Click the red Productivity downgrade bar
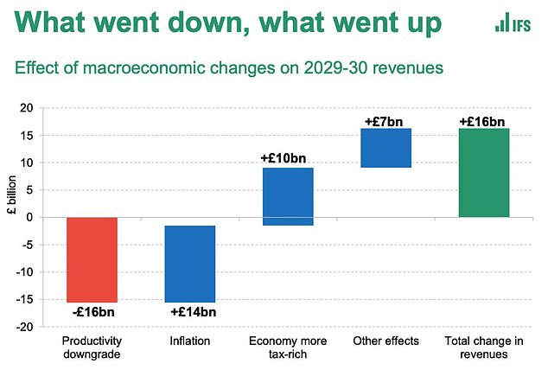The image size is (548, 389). tap(92, 259)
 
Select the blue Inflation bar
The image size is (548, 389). tap(189, 263)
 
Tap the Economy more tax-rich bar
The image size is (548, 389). tap(288, 196)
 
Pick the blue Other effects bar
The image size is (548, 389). tap(386, 148)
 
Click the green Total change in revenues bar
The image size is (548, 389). tap(483, 173)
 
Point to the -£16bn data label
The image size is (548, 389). tap(92, 311)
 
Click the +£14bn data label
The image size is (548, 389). tap(193, 311)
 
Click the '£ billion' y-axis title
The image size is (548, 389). tap(10, 218)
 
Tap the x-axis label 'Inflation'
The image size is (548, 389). tap(189, 341)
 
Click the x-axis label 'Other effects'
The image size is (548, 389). tap(386, 341)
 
